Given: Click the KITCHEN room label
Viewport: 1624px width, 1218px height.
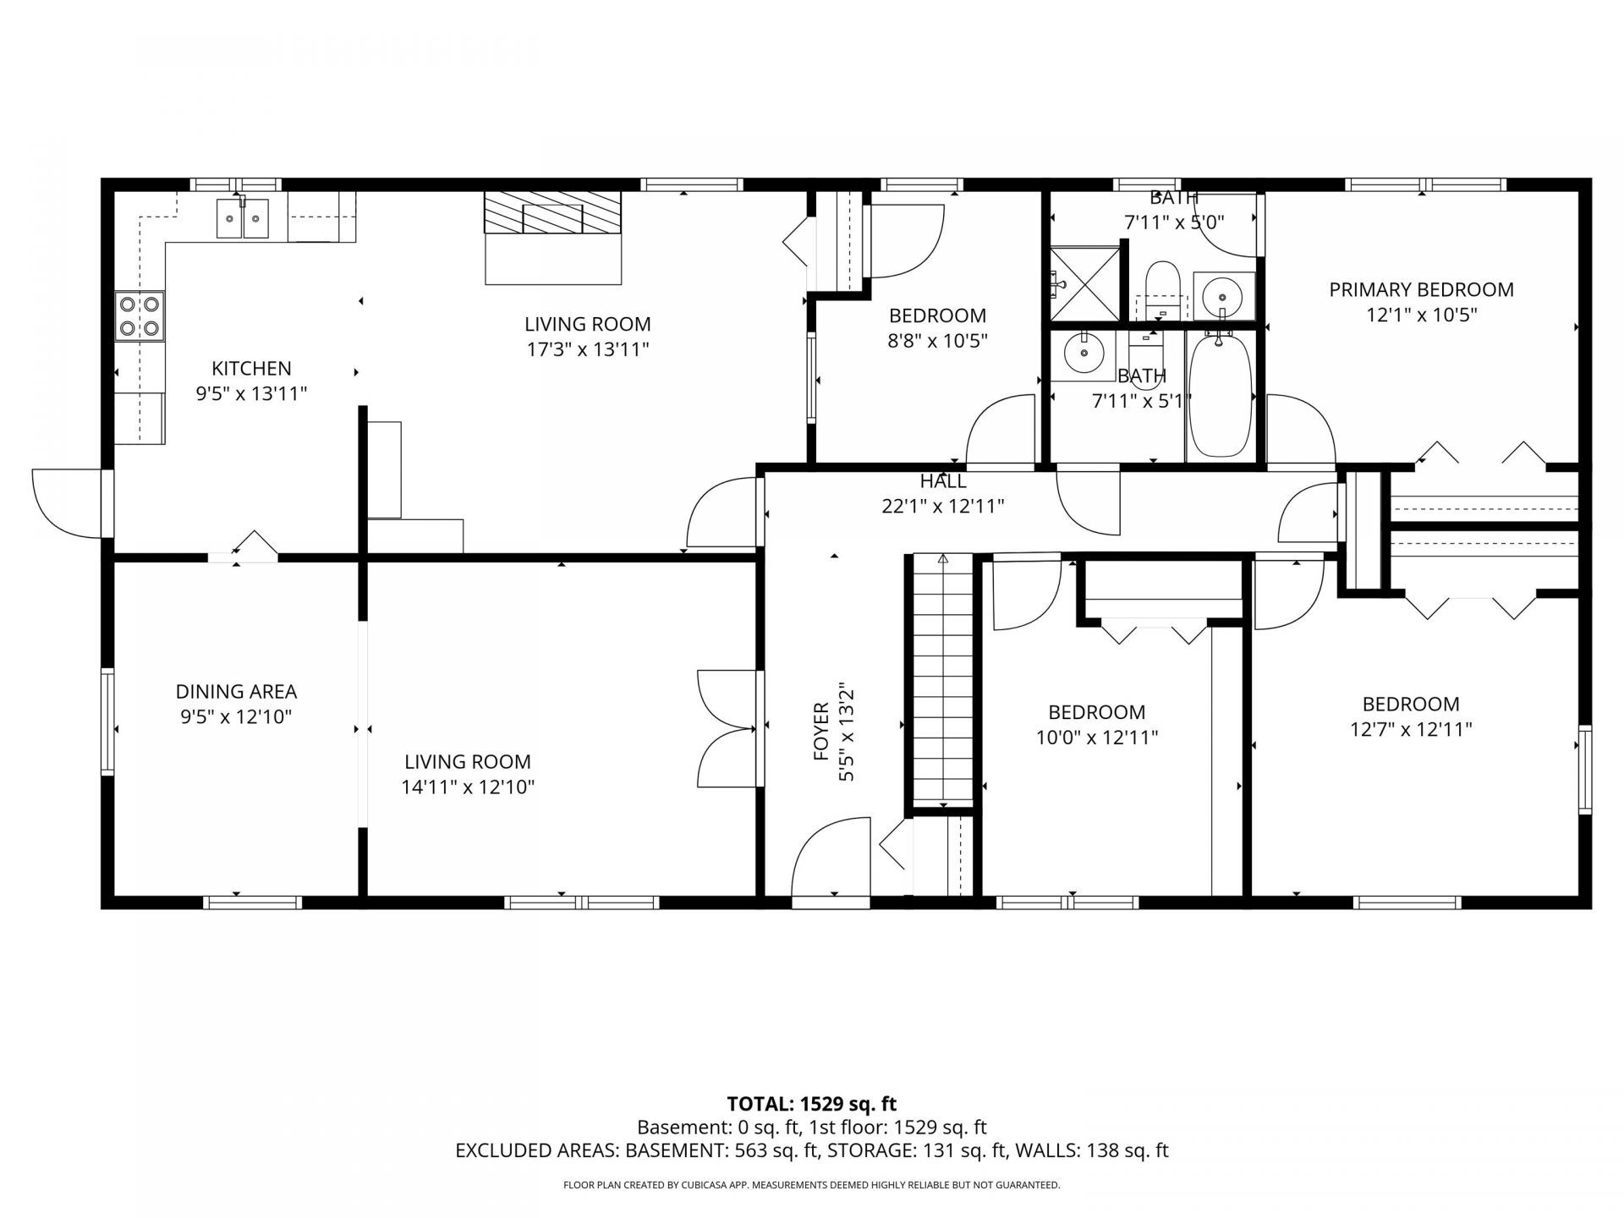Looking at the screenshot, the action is (251, 368).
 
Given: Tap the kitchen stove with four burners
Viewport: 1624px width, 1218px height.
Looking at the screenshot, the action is (140, 315).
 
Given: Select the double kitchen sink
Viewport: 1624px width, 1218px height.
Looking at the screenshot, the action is (243, 218).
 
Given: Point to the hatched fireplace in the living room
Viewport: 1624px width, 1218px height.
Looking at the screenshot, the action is (553, 212).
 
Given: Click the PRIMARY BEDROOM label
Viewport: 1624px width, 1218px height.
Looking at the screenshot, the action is (1421, 289).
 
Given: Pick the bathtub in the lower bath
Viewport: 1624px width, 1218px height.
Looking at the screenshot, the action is (1220, 395).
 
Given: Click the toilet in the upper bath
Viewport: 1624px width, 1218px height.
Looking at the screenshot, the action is (1162, 288).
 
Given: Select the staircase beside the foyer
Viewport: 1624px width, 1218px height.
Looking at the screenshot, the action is (943, 681).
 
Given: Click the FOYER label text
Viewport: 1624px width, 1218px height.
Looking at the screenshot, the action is (820, 731).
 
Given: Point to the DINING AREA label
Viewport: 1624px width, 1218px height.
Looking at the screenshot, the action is (236, 691).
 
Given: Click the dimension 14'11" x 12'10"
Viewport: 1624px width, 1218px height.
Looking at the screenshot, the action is (468, 787).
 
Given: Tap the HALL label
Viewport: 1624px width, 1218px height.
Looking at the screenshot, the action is (943, 481).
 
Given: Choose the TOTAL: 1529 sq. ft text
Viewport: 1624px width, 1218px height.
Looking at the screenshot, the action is (812, 1104).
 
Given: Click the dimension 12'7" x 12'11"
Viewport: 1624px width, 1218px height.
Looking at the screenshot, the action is (1411, 729).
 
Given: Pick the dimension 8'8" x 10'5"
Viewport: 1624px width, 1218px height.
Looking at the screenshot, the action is (938, 341).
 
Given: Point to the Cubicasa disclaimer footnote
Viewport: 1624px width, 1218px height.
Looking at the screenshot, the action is (812, 1185).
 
